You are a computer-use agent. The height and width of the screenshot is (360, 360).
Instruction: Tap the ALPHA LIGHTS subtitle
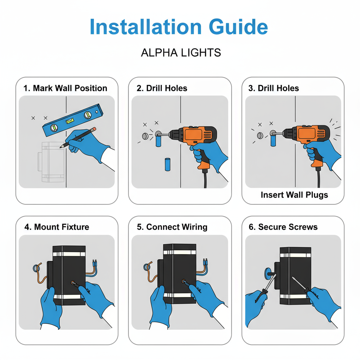point(181,53)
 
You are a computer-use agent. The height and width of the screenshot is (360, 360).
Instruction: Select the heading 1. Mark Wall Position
point(65,88)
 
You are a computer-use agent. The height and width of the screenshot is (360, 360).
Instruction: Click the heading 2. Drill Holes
point(162,88)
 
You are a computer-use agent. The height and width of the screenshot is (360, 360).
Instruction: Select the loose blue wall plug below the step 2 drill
point(168,164)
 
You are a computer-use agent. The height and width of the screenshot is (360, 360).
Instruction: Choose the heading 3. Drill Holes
point(274,88)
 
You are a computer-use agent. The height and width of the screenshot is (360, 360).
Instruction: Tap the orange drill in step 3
point(309,137)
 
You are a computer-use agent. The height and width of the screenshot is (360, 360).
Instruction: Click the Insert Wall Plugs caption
point(294,194)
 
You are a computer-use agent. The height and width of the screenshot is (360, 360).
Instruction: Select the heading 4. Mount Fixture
point(57,227)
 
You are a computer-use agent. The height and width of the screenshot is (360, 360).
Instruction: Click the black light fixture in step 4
point(69,274)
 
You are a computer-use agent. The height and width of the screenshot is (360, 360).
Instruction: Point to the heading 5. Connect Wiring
point(172,227)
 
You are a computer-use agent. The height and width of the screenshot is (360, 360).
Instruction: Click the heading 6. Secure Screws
point(283,227)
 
